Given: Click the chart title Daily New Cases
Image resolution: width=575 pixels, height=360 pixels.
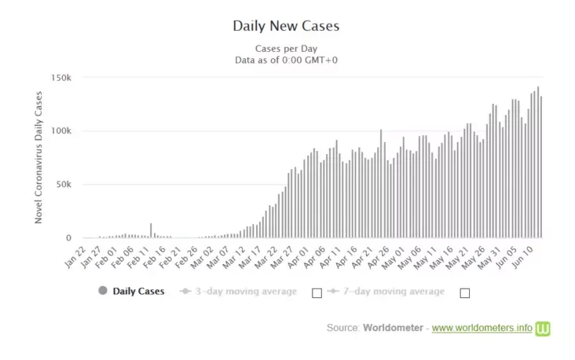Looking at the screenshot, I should tap(286, 26).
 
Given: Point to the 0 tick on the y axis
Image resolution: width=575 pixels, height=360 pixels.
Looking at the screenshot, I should tap(69, 238).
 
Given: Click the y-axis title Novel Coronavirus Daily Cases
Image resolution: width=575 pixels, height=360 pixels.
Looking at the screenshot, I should tap(38, 157).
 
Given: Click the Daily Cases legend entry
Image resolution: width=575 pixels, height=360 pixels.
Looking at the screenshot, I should tap(138, 291).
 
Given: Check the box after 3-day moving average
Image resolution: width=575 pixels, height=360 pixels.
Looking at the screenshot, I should tap(317, 292).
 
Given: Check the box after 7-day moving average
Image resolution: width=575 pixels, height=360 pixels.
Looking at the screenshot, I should tap(464, 292).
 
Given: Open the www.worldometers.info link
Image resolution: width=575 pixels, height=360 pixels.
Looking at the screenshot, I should tap(482, 327).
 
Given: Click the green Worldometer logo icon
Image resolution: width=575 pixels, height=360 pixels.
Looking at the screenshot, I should tap(543, 328).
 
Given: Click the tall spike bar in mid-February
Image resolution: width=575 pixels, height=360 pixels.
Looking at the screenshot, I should tap(152, 230).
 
